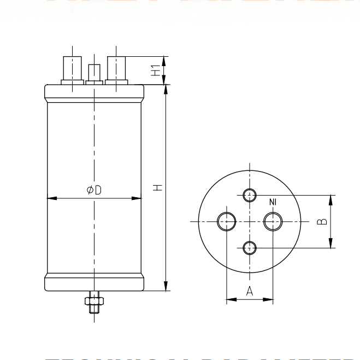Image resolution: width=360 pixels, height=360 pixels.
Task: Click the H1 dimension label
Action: pos(156,70)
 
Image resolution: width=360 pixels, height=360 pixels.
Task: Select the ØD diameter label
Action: pos(95,190)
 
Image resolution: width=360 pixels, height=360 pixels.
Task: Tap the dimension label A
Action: pos(250,291)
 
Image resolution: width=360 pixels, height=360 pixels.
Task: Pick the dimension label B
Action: pos(323,221)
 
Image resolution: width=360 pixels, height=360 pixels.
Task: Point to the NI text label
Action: pos(273,203)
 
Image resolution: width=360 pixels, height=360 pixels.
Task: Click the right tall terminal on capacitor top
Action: pos(116,68)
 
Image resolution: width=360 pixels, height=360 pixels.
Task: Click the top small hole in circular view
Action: pos(250,194)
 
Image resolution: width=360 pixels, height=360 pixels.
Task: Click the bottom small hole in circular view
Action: pos(250,247)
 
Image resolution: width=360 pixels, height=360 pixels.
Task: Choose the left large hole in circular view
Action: pos(226,221)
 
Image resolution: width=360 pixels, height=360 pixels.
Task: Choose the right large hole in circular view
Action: pos(273,221)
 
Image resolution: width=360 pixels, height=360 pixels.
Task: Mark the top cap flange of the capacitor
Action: pos(94,92)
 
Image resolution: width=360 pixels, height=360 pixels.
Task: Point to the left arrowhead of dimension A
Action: pos(230,299)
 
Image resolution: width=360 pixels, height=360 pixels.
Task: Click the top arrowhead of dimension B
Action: pos(332,198)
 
